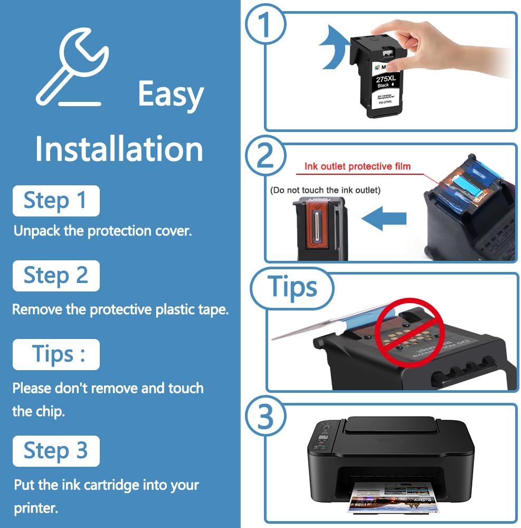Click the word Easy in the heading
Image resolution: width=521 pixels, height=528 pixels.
tap(170, 95)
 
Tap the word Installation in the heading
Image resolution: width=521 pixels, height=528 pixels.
tap(119, 149)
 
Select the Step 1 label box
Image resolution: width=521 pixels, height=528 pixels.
tap(55, 201)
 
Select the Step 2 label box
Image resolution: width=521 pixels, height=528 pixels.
tap(55, 276)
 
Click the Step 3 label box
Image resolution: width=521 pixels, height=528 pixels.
tap(55, 450)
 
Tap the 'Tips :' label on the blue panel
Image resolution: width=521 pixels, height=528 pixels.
tap(56, 354)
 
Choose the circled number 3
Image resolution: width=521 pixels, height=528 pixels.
tap(266, 417)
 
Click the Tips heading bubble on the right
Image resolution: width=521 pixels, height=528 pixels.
tap(292, 287)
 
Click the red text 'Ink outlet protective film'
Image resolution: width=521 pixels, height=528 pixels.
tap(357, 167)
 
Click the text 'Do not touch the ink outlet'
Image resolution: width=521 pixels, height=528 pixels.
tap(325, 190)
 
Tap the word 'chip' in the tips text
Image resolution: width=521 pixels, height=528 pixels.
tap(51, 411)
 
